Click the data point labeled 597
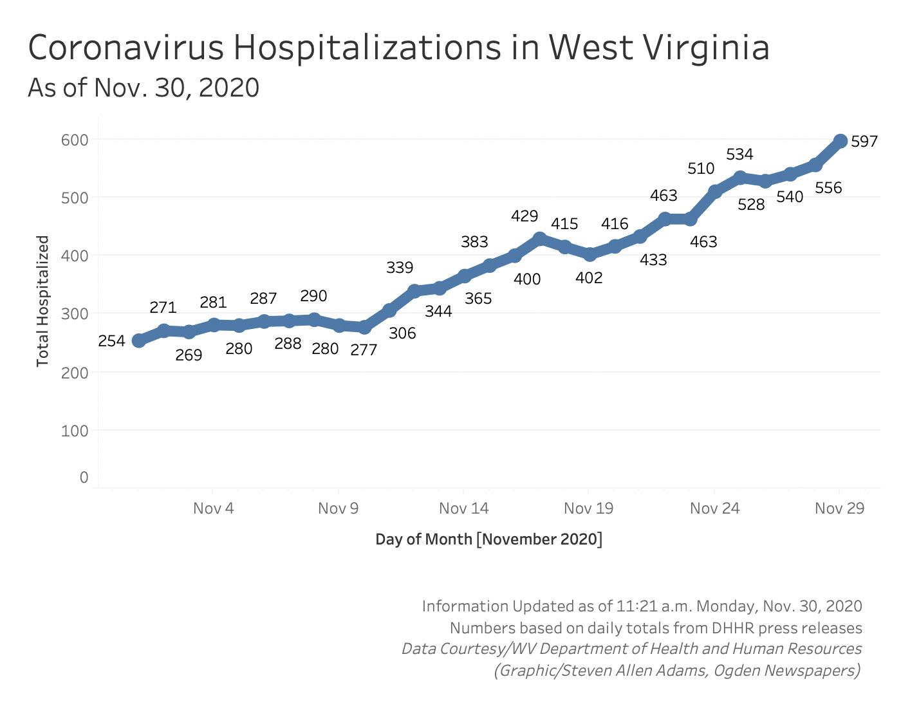click(840, 141)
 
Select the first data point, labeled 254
click(138, 340)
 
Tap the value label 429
click(525, 216)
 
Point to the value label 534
click(739, 154)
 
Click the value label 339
click(400, 268)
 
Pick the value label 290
click(313, 296)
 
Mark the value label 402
click(589, 278)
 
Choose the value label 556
click(828, 188)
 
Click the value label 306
click(402, 333)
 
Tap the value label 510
click(701, 169)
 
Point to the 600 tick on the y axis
click(75, 140)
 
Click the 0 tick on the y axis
click(84, 478)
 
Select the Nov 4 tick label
click(213, 508)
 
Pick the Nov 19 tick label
click(588, 508)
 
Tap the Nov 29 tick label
click(839, 508)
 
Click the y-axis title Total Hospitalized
click(42, 301)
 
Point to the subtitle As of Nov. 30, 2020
click(144, 88)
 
